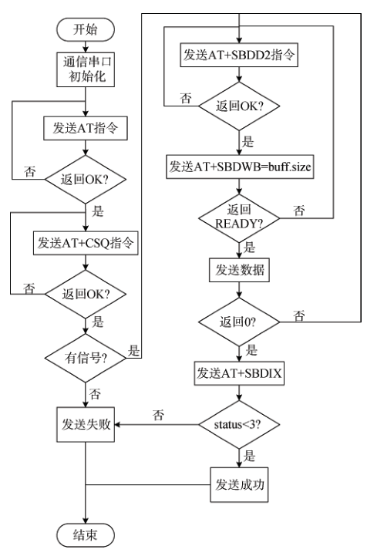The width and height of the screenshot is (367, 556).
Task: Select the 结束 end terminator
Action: coord(86,533)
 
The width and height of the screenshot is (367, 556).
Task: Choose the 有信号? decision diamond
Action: coord(86,356)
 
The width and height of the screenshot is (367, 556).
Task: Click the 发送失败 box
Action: coord(86,423)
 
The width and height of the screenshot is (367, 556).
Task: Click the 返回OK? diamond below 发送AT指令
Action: coord(86,184)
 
